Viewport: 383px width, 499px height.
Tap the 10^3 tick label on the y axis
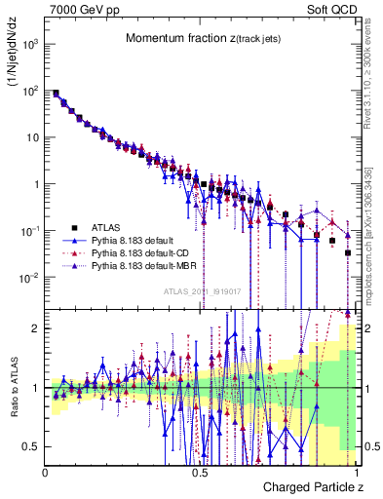point(31,45)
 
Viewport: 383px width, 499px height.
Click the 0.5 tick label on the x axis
point(200,473)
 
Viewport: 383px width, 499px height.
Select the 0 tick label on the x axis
point(46,473)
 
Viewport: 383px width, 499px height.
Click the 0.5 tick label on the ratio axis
point(32,446)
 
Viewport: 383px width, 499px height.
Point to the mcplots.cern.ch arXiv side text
point(375,224)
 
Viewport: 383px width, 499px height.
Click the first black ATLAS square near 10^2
point(56,94)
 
